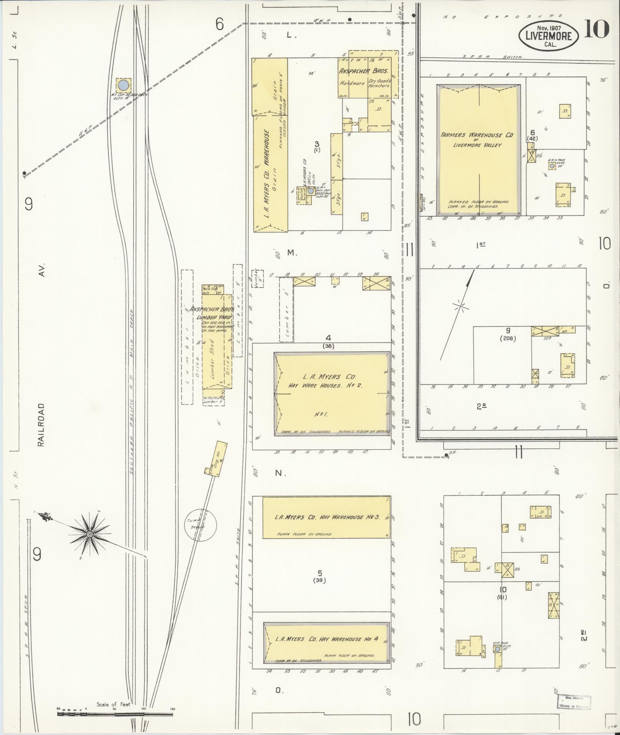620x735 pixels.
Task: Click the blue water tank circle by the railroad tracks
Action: pyautogui.click(x=123, y=85)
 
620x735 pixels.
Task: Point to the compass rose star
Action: pyautogui.click(x=90, y=534)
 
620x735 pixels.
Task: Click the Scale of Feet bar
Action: pyautogui.click(x=115, y=714)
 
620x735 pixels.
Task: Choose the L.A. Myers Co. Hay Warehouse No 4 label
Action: pyautogui.click(x=327, y=639)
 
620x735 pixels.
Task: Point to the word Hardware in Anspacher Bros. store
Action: pyautogui.click(x=352, y=83)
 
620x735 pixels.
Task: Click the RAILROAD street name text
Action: pyautogui.click(x=41, y=425)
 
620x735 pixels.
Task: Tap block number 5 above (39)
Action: pyautogui.click(x=319, y=574)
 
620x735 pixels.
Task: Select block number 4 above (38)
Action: pyautogui.click(x=328, y=338)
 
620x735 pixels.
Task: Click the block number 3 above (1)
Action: pyautogui.click(x=317, y=144)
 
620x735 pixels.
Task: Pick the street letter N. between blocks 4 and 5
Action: pyautogui.click(x=281, y=473)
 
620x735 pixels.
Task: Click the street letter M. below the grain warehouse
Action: pyautogui.click(x=292, y=252)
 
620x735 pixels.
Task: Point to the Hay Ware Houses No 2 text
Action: pyautogui.click(x=326, y=385)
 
